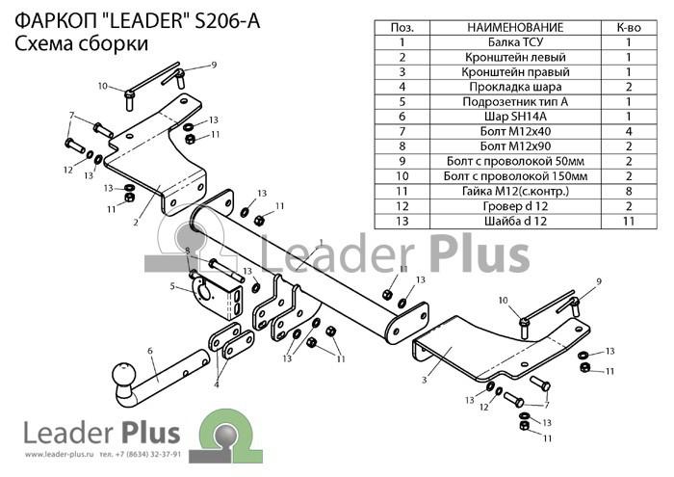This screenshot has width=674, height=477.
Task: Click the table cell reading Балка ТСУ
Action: tap(515, 42)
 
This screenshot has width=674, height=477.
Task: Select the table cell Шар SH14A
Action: tap(515, 117)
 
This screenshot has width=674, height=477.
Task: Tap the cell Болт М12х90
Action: tap(515, 146)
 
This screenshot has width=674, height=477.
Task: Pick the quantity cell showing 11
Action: tap(629, 221)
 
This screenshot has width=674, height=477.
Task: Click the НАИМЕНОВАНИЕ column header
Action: tap(515, 28)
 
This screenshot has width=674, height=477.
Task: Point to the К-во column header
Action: tap(629, 28)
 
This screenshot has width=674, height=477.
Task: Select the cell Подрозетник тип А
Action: tap(515, 102)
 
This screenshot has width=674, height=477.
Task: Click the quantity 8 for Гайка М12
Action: tap(629, 191)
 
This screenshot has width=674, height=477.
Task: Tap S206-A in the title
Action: tap(227, 21)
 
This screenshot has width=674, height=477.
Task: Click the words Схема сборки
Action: tap(82, 44)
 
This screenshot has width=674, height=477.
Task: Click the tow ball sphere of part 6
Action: tap(124, 375)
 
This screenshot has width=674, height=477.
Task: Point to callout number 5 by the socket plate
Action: tap(172, 286)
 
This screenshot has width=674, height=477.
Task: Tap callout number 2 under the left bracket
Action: tap(136, 223)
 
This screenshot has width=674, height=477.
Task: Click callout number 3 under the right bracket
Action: tap(425, 380)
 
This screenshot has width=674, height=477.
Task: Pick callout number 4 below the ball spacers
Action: tap(217, 384)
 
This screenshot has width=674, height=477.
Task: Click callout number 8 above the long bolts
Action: tap(188, 251)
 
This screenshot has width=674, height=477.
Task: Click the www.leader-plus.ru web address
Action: tap(60, 454)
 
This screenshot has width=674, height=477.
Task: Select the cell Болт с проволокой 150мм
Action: tap(515, 176)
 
